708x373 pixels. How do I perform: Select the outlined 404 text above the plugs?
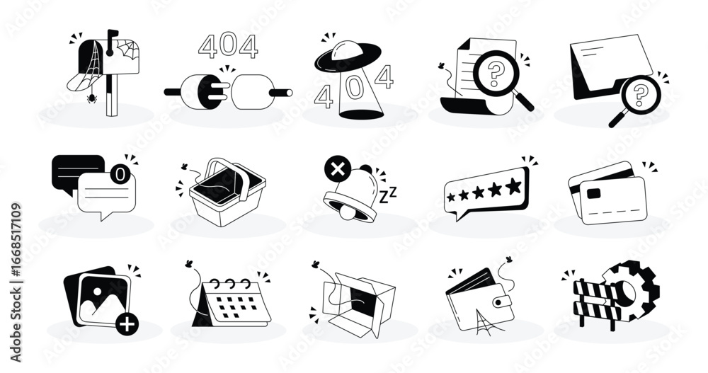click(x=227, y=46)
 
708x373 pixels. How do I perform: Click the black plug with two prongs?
click(x=209, y=91)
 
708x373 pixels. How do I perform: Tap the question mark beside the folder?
click(x=640, y=92)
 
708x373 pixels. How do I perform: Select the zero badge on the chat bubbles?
click(x=122, y=173)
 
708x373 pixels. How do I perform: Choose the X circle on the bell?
click(x=334, y=170)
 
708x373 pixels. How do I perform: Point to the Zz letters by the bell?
click(x=389, y=193)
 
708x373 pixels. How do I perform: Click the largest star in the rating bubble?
click(x=514, y=186)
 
